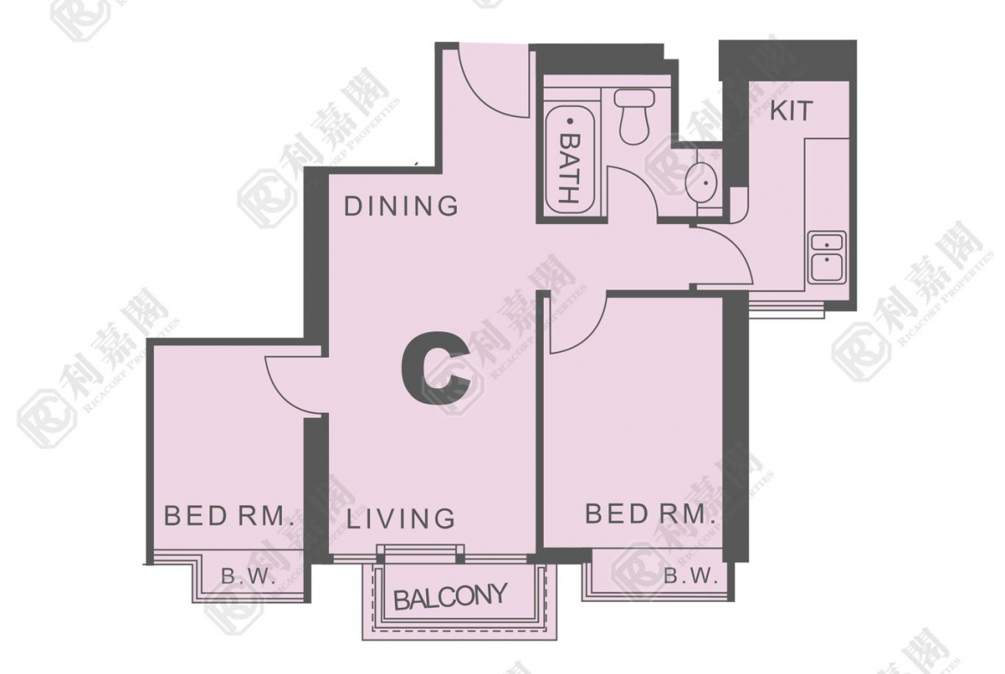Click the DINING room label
[401, 206]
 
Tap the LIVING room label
[401, 519]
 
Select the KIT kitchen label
[791, 110]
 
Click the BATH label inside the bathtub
[569, 168]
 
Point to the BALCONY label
[450, 597]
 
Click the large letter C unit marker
[436, 368]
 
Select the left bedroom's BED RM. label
[228, 515]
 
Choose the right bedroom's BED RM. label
[650, 513]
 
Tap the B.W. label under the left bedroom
[249, 577]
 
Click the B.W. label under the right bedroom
[691, 575]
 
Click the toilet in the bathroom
[634, 116]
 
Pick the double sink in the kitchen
[827, 256]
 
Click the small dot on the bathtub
[569, 120]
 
